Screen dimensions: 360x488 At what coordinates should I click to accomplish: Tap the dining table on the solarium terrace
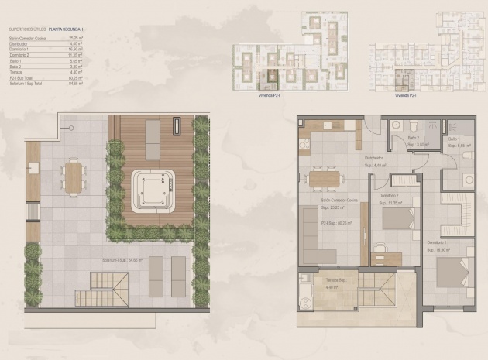[74, 177]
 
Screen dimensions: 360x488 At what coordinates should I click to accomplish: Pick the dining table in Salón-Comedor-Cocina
[324, 179]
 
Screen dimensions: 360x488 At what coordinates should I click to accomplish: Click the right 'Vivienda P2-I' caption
[405, 95]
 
